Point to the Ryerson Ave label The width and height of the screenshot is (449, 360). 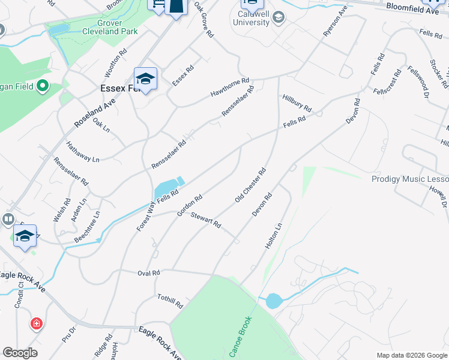tap(335, 22)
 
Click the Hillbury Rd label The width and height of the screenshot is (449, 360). tap(297, 104)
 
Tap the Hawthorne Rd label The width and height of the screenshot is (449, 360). tap(229, 88)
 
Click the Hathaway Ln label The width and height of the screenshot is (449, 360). tap(83, 152)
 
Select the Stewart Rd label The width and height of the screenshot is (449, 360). tap(206, 221)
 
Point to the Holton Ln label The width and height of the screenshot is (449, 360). tap(273, 236)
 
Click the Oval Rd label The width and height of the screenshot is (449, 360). tap(148, 273)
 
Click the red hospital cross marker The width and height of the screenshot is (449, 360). tap(37, 324)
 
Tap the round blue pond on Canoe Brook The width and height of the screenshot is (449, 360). tap(273, 301)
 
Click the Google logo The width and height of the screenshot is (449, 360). tap(20, 353)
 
